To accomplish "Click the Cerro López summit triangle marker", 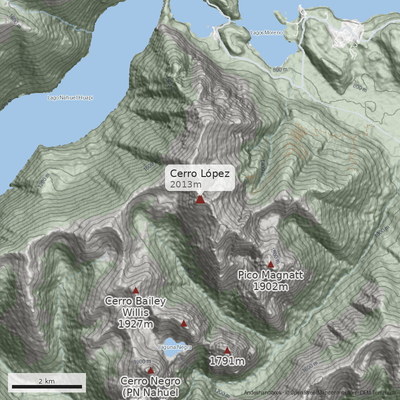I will (200, 199).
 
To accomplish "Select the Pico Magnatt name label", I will (270, 275).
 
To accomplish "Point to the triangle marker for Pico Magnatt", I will (271, 264).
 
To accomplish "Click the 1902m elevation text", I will (270, 286).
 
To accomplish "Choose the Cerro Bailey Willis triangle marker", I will (135, 290).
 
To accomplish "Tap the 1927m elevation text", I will (135, 324).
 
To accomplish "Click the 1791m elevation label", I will (227, 361).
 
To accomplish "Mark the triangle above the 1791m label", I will (227, 350).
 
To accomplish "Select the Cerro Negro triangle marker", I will (151, 370).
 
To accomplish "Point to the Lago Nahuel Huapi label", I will (70, 97).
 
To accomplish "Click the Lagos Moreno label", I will (266, 33).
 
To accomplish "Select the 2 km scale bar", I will (47, 386).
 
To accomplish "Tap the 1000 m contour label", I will (380, 231).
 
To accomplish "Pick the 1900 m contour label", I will (142, 362).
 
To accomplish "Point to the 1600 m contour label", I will (310, 367).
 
